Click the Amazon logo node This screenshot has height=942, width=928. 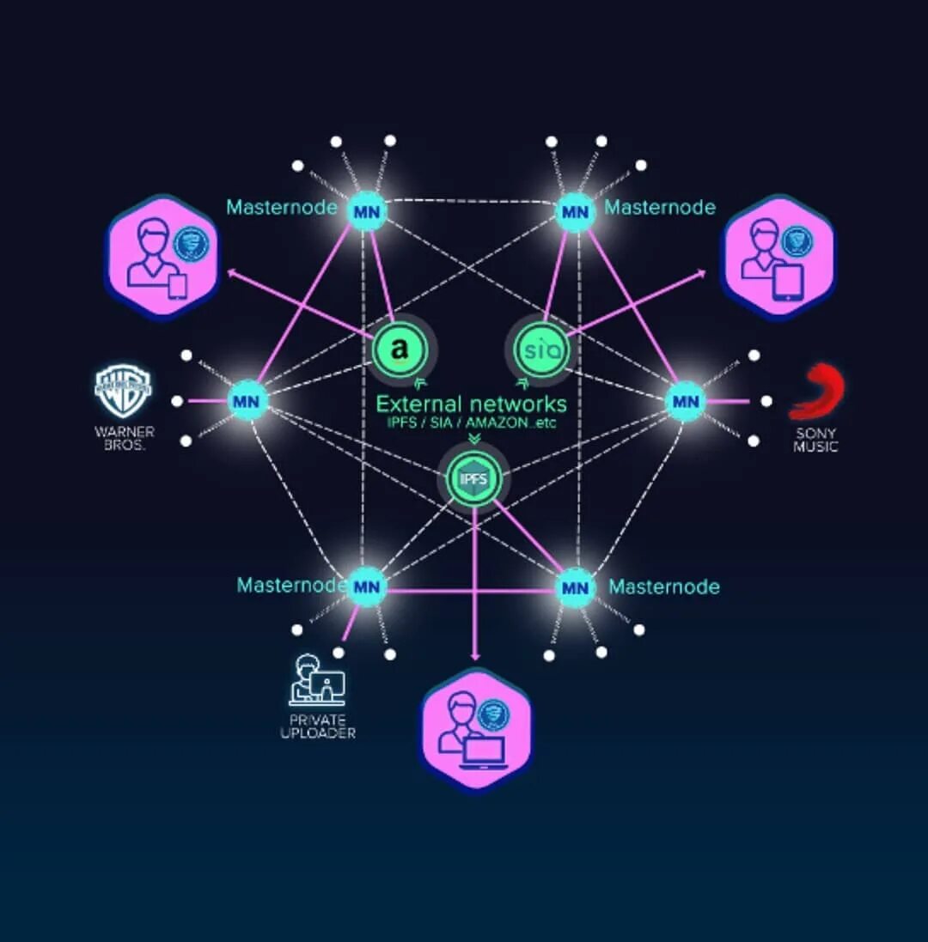coord(399,349)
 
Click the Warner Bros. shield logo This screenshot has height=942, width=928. coord(123,391)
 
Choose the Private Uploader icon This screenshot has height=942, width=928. coord(317,679)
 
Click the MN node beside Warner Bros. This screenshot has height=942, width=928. coord(247,400)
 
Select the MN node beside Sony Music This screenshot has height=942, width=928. coord(686,400)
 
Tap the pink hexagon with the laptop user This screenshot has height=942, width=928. coord(476,730)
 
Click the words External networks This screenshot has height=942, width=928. coord(471,404)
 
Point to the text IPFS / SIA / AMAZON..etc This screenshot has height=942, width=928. coord(471,423)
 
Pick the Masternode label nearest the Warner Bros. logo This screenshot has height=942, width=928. coord(281,208)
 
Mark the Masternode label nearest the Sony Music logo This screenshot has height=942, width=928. coord(660,208)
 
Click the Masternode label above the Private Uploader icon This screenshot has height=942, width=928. coord(291,586)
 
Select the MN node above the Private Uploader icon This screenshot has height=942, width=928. coord(367,587)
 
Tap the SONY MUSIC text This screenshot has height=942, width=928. coord(815,441)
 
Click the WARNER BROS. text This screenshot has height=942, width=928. coord(124,438)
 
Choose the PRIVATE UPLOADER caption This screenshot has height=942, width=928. coord(318,726)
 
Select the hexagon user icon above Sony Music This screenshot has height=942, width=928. coord(777,257)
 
